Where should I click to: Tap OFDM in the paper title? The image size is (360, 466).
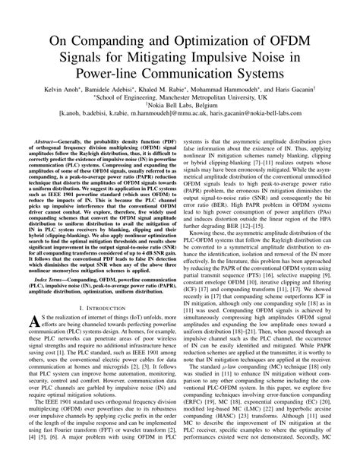coord(295,39)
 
